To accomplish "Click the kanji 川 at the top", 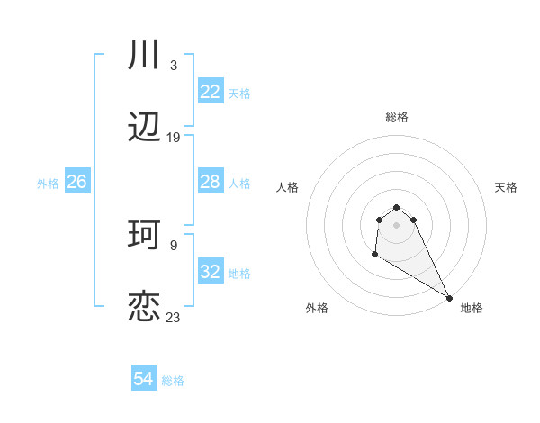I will [144, 56].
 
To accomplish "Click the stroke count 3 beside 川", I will [173, 66].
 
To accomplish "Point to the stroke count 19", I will [173, 138].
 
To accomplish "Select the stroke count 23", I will [173, 317].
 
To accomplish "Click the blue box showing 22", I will [211, 92].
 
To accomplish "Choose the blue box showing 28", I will [211, 182].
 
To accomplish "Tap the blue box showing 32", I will [211, 272].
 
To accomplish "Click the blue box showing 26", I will [76, 182].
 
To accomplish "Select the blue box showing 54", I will [143, 379].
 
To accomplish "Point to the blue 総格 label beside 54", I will [173, 381].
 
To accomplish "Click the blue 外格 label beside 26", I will [48, 184].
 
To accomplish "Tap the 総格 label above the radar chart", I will [397, 117].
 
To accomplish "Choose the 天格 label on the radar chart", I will [506, 187].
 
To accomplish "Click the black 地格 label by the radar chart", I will [472, 308].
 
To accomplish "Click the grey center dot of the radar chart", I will [396, 225].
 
